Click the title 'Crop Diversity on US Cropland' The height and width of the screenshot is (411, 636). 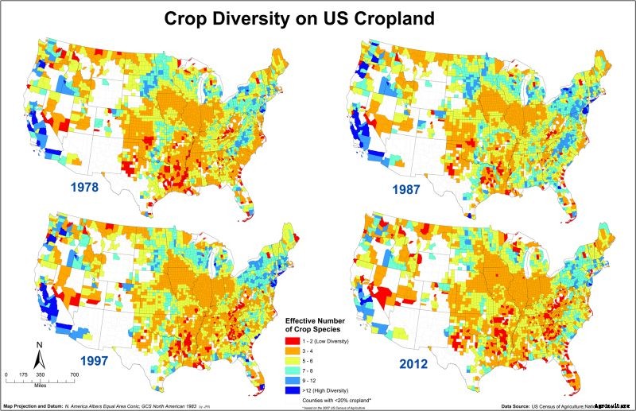pyautogui.click(x=318, y=17)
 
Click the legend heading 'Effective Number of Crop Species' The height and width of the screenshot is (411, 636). pyautogui.click(x=319, y=326)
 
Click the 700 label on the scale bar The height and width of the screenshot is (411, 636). pyautogui.click(x=74, y=374)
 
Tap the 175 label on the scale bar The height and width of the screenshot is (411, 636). pyautogui.click(x=24, y=374)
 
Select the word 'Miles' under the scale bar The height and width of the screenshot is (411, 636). pyautogui.click(x=41, y=379)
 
